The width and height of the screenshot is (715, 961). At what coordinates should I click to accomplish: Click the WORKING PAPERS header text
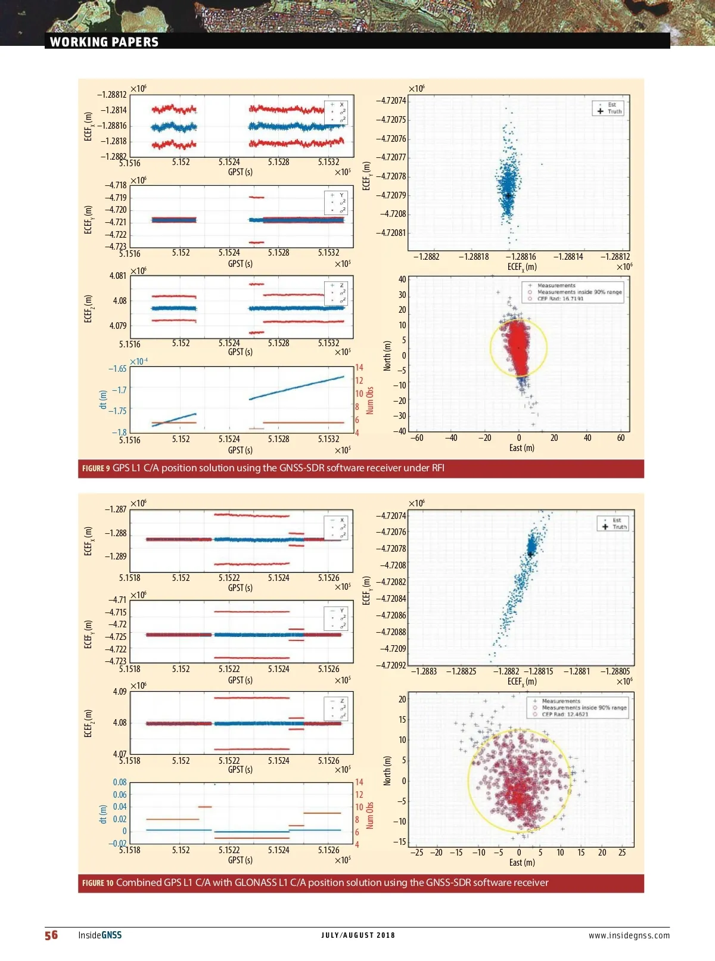(104, 42)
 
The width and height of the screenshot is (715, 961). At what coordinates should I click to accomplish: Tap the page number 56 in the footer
(51, 935)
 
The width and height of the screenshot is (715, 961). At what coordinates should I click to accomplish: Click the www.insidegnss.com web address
(629, 935)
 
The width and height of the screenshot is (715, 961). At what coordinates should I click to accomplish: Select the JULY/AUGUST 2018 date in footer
(357, 935)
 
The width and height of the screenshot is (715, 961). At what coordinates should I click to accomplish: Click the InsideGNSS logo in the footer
(100, 935)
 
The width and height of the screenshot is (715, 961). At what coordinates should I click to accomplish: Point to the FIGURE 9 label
(96, 468)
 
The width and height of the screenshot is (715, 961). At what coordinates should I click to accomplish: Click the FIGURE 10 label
(98, 883)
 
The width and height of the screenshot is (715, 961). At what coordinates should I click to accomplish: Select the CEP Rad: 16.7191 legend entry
(560, 298)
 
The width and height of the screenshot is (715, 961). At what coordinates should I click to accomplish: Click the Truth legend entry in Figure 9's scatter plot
(614, 111)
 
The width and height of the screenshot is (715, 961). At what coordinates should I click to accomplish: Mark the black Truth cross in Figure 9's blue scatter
(508, 195)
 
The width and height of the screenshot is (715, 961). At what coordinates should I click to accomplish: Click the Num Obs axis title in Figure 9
(370, 400)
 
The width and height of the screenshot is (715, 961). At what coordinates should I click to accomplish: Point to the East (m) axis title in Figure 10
(521, 862)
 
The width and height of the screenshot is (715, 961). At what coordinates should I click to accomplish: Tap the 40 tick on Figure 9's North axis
(402, 279)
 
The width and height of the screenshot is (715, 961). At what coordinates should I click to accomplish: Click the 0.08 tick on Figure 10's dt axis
(120, 782)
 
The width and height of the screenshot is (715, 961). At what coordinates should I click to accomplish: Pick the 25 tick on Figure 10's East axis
(622, 853)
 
